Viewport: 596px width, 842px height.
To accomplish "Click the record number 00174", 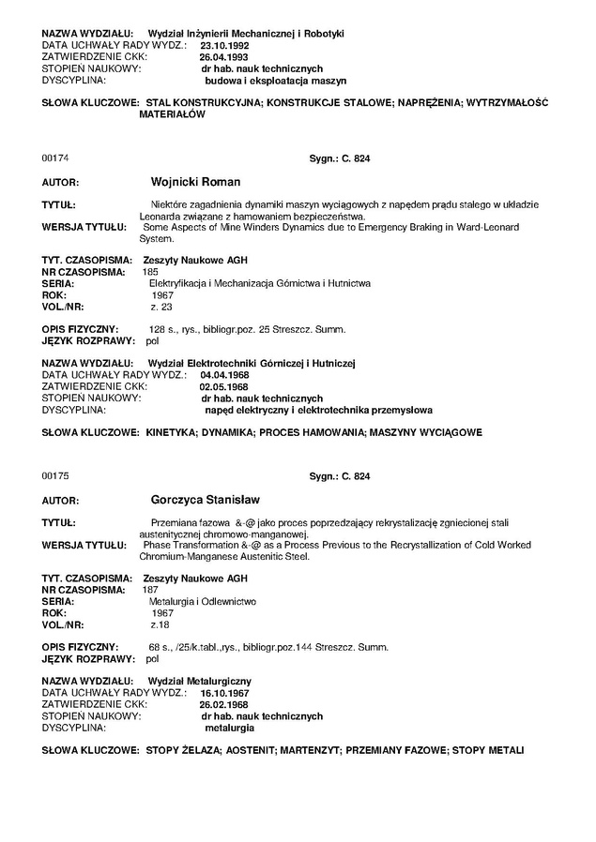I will (x=55, y=159).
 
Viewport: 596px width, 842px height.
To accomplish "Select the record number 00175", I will (x=55, y=477).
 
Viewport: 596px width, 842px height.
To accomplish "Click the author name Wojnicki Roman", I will (x=195, y=182).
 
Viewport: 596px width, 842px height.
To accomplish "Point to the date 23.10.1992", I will (x=225, y=45).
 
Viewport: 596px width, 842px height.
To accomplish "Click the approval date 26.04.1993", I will (x=225, y=56).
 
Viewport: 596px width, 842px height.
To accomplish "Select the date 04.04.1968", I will (x=225, y=374).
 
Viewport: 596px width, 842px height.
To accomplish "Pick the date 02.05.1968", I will (x=223, y=385).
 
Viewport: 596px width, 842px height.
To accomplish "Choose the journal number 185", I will (x=150, y=271).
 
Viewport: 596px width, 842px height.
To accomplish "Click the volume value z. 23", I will (x=161, y=306).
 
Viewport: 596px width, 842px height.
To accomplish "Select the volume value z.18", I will (x=160, y=624).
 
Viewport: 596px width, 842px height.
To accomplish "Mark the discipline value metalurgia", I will (x=229, y=727).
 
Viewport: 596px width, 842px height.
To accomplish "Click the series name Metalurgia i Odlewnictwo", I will (x=204, y=600).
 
